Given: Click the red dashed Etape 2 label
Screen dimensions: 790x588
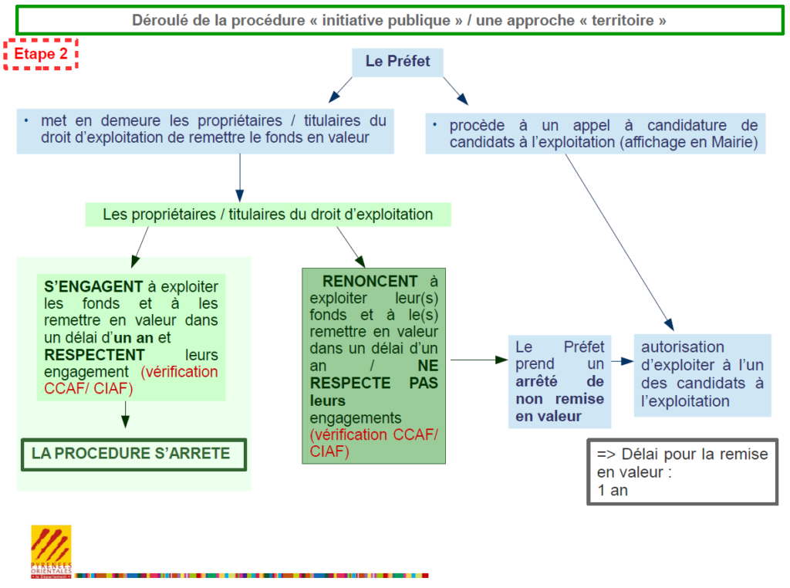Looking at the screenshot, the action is coord(41,54).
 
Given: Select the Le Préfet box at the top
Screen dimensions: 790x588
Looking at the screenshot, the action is coord(397,62).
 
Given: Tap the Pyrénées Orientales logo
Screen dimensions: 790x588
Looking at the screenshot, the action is coord(51,551).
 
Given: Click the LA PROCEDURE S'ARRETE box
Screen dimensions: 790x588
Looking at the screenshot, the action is coord(133,455).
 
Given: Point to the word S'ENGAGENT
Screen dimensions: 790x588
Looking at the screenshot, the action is coord(93,287).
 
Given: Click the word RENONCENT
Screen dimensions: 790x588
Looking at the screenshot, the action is coord(370,281).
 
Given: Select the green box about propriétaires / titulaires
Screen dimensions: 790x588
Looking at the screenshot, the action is coord(268,215).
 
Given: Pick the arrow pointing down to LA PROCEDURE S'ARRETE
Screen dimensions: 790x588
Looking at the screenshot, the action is coord(126,414).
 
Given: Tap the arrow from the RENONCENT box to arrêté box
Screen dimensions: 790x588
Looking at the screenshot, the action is coord(479,360).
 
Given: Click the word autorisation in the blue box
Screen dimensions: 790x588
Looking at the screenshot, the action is coord(682,346).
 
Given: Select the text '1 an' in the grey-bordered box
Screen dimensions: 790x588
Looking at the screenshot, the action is coord(612,490).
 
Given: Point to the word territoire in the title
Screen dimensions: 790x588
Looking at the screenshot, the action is coord(623,21).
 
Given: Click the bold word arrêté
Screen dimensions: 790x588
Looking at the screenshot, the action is coord(536,381).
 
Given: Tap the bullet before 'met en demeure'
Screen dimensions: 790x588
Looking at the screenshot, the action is coord(26,121).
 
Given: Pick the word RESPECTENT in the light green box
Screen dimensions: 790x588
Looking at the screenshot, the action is coord(94,355).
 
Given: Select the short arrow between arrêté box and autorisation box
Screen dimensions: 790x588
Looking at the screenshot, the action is coord(623,361).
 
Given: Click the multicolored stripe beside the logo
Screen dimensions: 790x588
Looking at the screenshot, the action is coord(251,576).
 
